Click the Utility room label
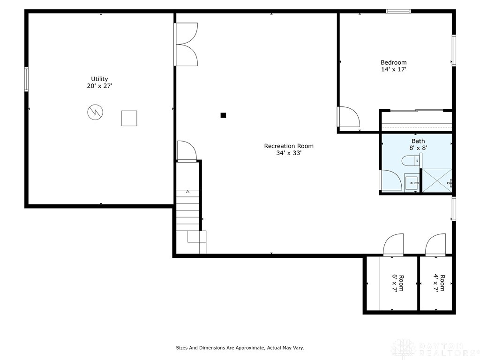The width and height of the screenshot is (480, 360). point(99,79)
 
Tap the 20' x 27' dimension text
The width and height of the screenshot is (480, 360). point(99,86)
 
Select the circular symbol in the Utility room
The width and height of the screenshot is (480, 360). point(95,112)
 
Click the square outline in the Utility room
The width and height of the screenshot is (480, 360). point(129,118)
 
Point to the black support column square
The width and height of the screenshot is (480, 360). point(224,115)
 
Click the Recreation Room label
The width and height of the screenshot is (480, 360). point(289,146)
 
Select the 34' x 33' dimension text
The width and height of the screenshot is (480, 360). point(289,153)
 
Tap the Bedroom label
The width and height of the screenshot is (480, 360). point(393,62)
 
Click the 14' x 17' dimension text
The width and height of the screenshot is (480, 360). point(393,69)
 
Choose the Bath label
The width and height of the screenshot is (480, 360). point(418,141)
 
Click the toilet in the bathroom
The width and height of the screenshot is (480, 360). point(411,161)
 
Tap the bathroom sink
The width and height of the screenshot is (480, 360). point(411,182)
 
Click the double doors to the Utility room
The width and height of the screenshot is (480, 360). point(186,44)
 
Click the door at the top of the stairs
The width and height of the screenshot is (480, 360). point(186,151)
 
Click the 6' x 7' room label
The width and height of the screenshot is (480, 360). point(397,283)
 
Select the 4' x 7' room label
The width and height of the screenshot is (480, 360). point(439,283)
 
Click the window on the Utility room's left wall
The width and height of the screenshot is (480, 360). point(26,79)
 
